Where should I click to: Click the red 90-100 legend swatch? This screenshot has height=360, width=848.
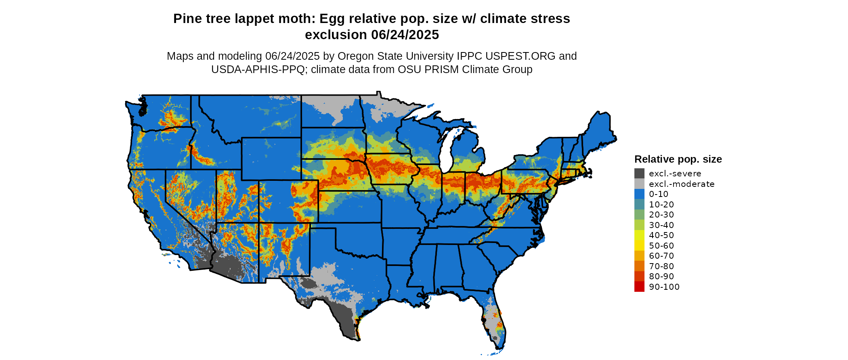point(639,287)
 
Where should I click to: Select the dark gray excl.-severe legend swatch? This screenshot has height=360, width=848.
point(639,174)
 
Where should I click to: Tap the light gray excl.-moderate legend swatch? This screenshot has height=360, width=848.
point(639,184)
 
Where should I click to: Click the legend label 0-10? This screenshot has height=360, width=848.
point(658,194)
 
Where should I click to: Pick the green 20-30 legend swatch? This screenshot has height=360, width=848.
point(639,215)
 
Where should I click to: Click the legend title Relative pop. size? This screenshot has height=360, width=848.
point(678,159)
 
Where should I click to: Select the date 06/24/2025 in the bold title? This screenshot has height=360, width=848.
point(405,35)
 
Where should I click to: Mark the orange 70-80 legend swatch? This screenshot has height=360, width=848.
point(639,266)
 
